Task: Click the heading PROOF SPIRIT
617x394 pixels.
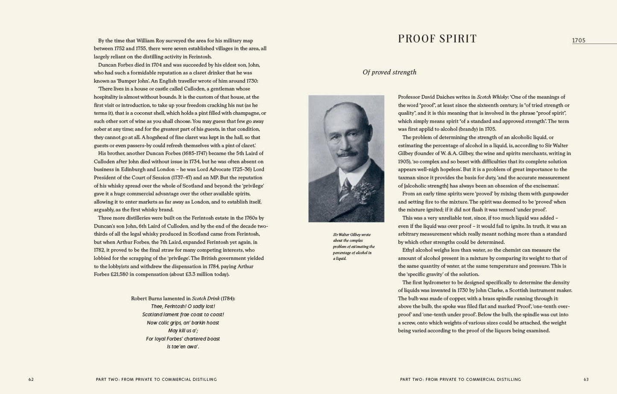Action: [437, 39]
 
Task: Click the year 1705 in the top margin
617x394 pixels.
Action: [579, 41]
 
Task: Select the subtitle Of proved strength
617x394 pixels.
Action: [389, 72]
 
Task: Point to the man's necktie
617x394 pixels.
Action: [345, 188]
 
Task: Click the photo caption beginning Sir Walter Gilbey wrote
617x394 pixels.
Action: [353, 246]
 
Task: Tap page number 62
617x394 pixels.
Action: [31, 379]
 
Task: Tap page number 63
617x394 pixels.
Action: [586, 379]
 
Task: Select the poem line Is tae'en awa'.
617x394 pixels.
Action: [183, 347]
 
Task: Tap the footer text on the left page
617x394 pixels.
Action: [156, 379]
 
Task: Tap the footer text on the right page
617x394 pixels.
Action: [460, 379]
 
